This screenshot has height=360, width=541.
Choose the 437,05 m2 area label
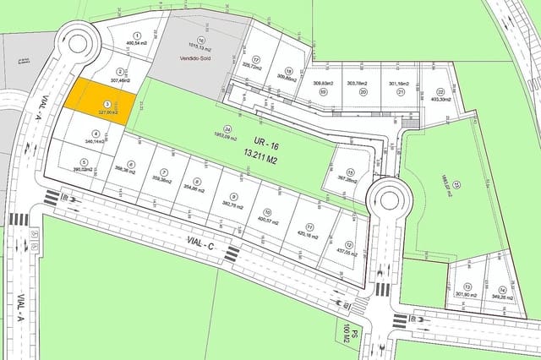click(347, 253)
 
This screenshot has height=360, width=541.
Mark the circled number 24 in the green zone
click(227, 128)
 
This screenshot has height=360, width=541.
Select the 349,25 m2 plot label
click(500, 297)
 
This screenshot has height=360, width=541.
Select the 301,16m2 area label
click(398, 85)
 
